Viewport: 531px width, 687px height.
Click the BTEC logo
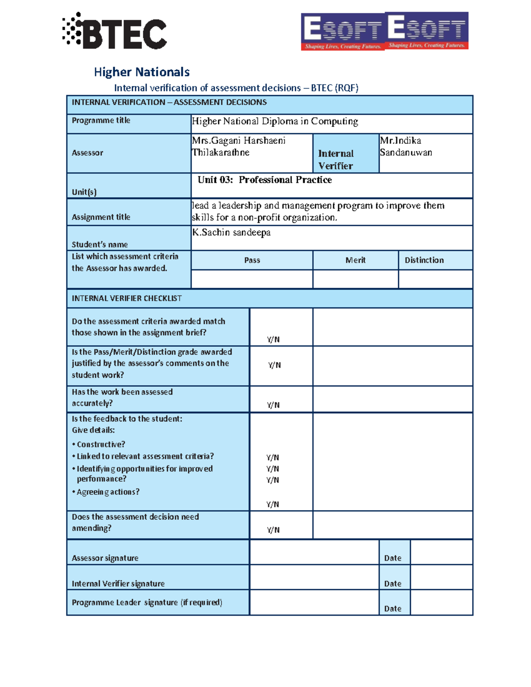pyautogui.click(x=115, y=31)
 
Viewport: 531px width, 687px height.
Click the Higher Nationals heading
pyautogui.click(x=142, y=72)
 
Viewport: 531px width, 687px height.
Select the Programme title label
pyautogui.click(x=101, y=120)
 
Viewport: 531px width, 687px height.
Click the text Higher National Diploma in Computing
pyautogui.click(x=275, y=121)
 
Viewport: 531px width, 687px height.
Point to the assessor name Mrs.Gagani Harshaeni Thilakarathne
pyautogui.click(x=239, y=146)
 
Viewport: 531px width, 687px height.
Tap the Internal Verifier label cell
pyautogui.click(x=336, y=159)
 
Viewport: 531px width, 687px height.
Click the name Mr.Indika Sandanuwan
pyautogui.click(x=406, y=146)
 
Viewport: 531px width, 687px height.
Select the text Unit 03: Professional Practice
pyautogui.click(x=265, y=180)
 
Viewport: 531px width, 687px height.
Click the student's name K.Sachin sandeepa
pyautogui.click(x=231, y=233)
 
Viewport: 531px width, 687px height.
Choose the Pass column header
pyautogui.click(x=252, y=260)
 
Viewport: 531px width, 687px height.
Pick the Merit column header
pyautogui.click(x=355, y=260)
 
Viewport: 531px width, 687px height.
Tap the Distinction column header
pyautogui.click(x=424, y=260)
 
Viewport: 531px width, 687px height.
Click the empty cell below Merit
pyautogui.click(x=355, y=279)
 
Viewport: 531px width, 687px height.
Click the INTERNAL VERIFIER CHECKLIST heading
pyautogui.click(x=127, y=299)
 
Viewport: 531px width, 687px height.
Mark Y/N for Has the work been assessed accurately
pyautogui.click(x=273, y=405)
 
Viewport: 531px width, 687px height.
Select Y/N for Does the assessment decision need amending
pyautogui.click(x=273, y=530)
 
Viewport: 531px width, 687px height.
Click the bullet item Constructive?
pyautogui.click(x=101, y=445)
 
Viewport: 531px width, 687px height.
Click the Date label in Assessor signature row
pyautogui.click(x=392, y=558)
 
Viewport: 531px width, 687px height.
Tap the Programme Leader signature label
pyautogui.click(x=147, y=603)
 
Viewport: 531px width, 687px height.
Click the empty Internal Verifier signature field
pyautogui.click(x=314, y=577)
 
